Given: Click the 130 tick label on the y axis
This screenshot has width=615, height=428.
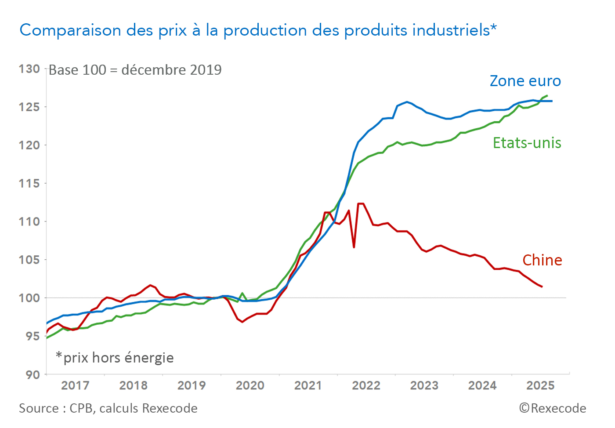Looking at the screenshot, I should (29, 69).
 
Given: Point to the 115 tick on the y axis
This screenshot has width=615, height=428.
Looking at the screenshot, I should (29, 183).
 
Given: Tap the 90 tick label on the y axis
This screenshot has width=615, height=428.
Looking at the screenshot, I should (32, 374).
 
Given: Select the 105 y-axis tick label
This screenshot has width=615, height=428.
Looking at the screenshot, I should (29, 260).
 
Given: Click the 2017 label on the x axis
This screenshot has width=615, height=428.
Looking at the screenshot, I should (75, 385).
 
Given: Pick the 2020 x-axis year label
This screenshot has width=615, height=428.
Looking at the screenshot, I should (250, 385).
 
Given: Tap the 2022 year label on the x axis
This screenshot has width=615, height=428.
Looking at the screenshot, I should (366, 385).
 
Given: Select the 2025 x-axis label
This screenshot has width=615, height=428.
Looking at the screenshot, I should (540, 385).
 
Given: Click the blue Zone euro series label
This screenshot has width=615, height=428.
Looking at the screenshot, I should (525, 81).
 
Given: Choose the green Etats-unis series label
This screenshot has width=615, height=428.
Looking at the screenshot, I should (527, 143).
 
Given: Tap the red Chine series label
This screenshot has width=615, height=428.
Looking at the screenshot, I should (542, 260).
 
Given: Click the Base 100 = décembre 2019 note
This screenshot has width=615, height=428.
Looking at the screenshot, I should (135, 70).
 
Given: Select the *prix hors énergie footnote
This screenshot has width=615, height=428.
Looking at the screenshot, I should (115, 358).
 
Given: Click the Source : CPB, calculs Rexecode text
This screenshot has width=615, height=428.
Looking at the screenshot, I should (108, 408).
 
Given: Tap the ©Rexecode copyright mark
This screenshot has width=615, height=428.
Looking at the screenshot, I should (553, 408).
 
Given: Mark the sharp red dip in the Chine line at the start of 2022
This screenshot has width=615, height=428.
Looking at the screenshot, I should (354, 247).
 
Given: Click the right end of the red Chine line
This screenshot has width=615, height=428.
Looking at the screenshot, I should (542, 287).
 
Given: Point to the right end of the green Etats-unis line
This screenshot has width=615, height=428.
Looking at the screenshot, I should (547, 96).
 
